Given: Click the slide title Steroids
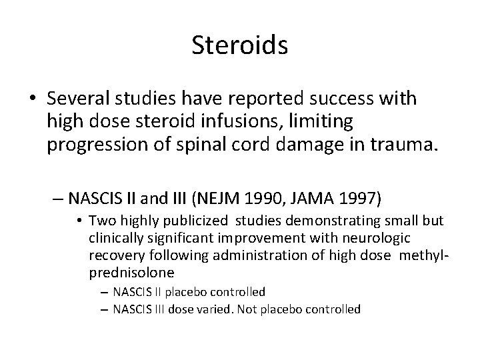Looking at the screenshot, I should tap(239, 45).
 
